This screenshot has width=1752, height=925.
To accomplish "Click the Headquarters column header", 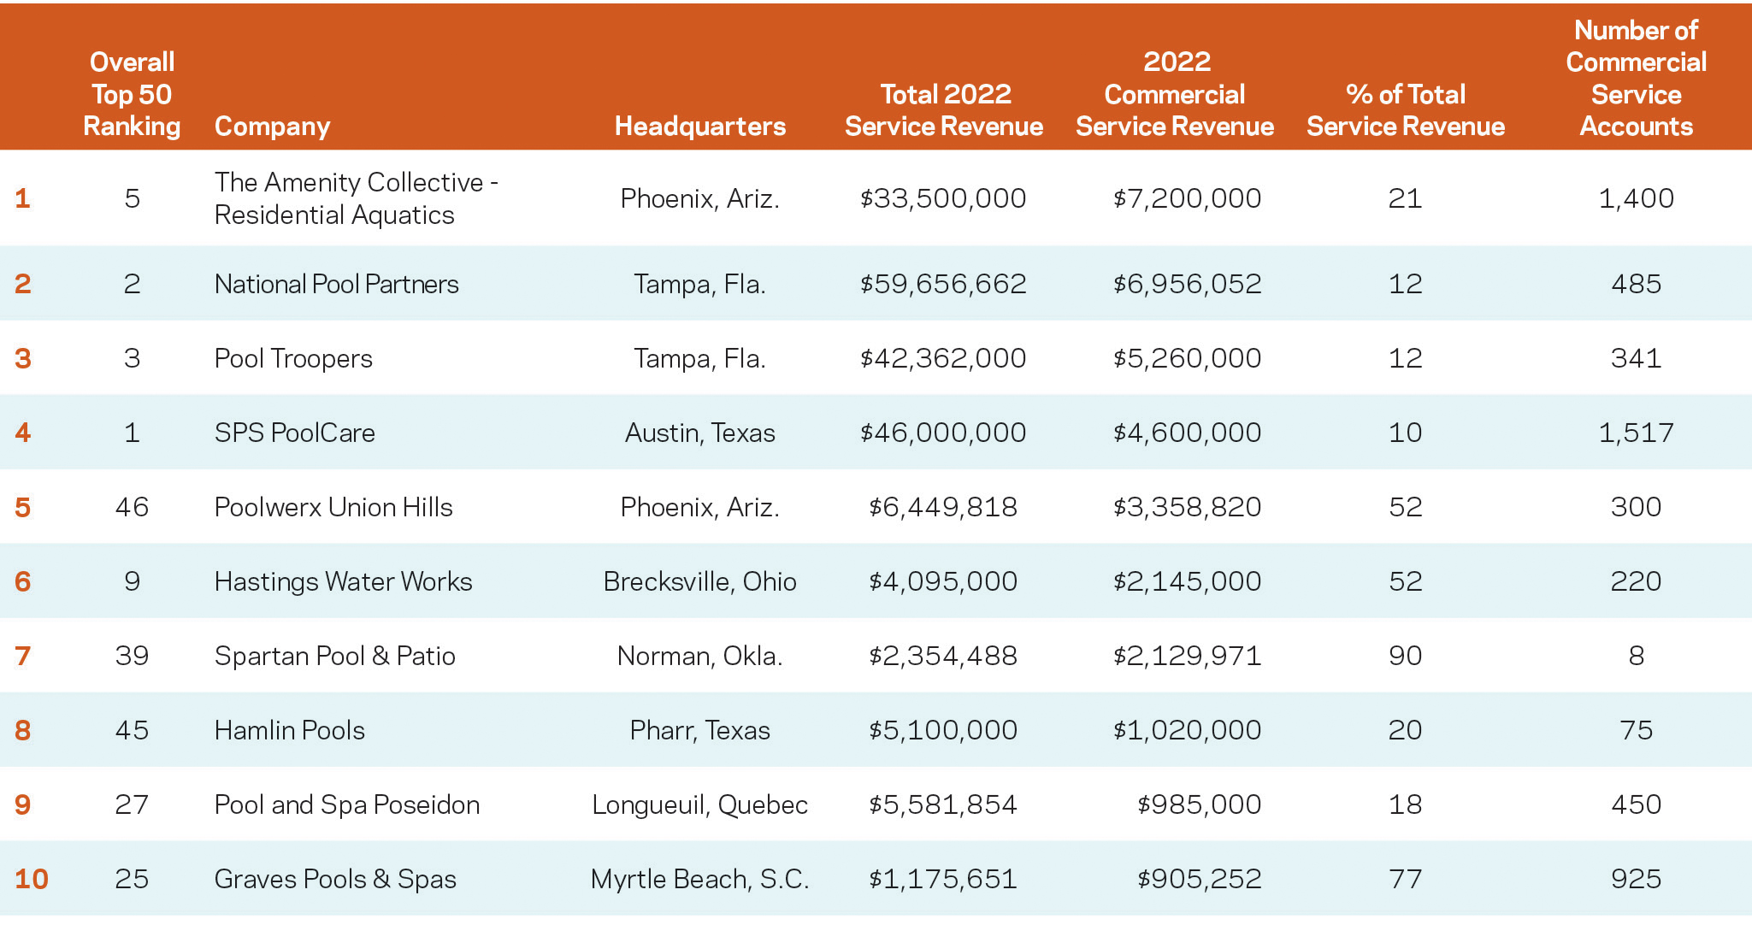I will pyautogui.click(x=699, y=127).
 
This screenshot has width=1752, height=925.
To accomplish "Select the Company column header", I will pyautogui.click(x=272, y=127).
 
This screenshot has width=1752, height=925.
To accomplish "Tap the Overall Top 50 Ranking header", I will pyautogui.click(x=132, y=94).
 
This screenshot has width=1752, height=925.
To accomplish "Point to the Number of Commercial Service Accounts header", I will pyautogui.click(x=1636, y=79).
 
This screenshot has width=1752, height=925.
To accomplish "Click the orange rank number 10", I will pyautogui.click(x=32, y=879).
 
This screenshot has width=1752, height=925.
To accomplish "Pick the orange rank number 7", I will pyautogui.click(x=23, y=656).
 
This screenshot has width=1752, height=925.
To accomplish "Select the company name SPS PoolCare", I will pyautogui.click(x=294, y=433).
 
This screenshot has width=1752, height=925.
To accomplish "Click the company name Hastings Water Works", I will pyautogui.click(x=343, y=581).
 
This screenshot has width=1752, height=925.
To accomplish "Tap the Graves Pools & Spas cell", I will pyautogui.click(x=335, y=879).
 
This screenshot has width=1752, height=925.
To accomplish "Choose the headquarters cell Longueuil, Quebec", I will pyautogui.click(x=699, y=804).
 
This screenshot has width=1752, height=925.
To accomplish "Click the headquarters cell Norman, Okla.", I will pyautogui.click(x=699, y=656).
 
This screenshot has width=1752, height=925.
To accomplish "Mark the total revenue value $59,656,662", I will pyautogui.click(x=943, y=284).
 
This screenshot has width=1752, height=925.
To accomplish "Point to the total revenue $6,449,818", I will pyautogui.click(x=943, y=507).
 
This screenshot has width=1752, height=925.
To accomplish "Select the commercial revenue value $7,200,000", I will pyautogui.click(x=1187, y=198).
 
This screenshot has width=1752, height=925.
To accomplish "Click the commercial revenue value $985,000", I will pyautogui.click(x=1199, y=804).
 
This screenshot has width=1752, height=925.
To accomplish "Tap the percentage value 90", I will pyautogui.click(x=1405, y=656).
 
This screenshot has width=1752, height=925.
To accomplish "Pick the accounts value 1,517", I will pyautogui.click(x=1636, y=433).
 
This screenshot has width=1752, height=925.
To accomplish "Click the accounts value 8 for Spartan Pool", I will pyautogui.click(x=1636, y=656).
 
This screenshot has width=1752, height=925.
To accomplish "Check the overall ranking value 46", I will pyautogui.click(x=132, y=507).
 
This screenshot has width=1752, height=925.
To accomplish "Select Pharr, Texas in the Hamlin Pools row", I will pyautogui.click(x=699, y=730).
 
